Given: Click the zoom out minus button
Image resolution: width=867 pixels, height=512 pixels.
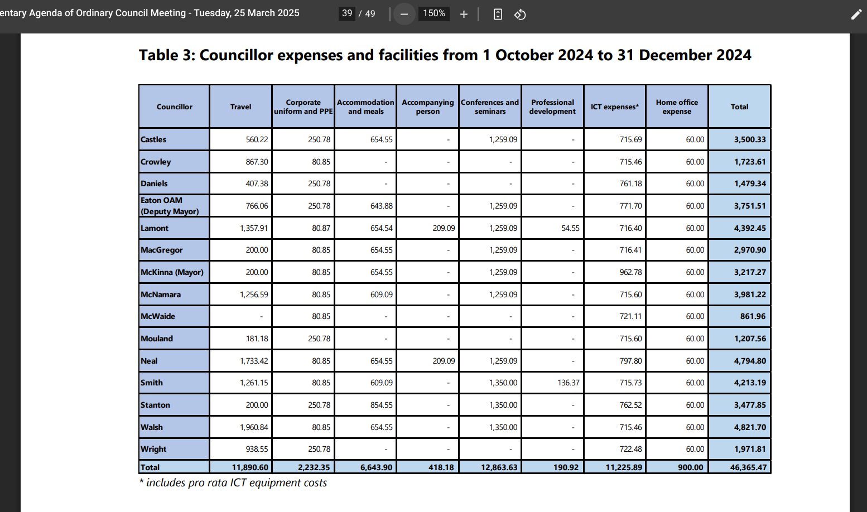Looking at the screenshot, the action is click(x=404, y=15).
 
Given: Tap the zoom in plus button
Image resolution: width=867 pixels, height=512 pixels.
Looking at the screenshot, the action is click(x=464, y=15).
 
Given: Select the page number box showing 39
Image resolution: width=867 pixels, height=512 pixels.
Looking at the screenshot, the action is click(x=347, y=13).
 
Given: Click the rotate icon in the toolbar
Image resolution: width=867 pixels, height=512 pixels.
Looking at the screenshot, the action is click(x=520, y=15).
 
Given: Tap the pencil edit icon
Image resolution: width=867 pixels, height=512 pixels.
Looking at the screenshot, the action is click(x=856, y=15).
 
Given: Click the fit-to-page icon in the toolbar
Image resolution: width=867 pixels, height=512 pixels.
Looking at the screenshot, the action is click(x=498, y=15).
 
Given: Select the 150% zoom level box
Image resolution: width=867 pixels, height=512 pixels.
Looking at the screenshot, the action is click(x=434, y=13).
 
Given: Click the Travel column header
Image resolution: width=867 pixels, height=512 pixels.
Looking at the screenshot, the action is click(x=241, y=107).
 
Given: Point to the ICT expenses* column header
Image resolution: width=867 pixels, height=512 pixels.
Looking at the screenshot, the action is click(x=615, y=107).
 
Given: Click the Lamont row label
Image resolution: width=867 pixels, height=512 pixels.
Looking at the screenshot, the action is click(x=155, y=228).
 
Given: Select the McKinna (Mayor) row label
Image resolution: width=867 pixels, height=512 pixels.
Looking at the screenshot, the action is click(x=172, y=272).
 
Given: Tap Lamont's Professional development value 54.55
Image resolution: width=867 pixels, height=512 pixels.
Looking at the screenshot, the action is click(x=571, y=228).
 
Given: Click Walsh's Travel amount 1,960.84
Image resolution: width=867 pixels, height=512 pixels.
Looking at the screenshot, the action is click(x=253, y=427).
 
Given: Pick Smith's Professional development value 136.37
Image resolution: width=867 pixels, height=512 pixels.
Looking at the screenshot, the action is click(x=568, y=383).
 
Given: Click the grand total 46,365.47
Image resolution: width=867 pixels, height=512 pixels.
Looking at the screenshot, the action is click(x=748, y=467).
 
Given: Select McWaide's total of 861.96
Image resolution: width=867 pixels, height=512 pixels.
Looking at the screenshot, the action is click(x=753, y=317).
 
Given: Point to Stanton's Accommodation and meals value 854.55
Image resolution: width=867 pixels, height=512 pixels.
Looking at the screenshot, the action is click(x=381, y=405).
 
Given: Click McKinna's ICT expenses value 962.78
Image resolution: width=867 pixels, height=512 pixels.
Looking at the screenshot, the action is click(x=630, y=272).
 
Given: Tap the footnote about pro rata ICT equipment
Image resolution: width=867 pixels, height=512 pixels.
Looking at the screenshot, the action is click(x=233, y=483).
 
